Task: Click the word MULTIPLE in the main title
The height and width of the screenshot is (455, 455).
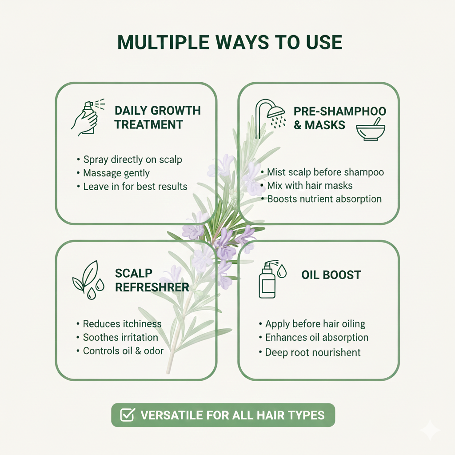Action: pyautogui.click(x=164, y=42)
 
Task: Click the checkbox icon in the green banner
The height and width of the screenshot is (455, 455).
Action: pyautogui.click(x=128, y=415)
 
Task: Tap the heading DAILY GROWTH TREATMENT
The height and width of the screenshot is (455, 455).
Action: pyautogui.click(x=157, y=117)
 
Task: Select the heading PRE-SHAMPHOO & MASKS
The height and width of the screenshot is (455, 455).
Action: pyautogui.click(x=340, y=118)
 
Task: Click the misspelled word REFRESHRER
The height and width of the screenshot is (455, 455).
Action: pyautogui.click(x=152, y=287)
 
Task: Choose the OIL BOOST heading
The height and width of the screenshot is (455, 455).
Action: pyautogui.click(x=331, y=275)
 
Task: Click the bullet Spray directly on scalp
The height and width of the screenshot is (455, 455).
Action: pyautogui.click(x=129, y=160)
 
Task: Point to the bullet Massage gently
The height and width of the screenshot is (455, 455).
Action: pyautogui.click(x=113, y=173)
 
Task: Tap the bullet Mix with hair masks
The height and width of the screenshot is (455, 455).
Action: pyautogui.click(x=307, y=185)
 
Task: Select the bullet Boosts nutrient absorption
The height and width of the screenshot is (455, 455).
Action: pyautogui.click(x=321, y=199)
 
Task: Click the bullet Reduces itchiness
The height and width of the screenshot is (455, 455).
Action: pyautogui.click(x=119, y=324)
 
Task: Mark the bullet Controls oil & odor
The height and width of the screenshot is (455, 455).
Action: pyautogui.click(x=120, y=351)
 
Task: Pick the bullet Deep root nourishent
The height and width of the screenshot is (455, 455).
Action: pyautogui.click(x=310, y=352)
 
